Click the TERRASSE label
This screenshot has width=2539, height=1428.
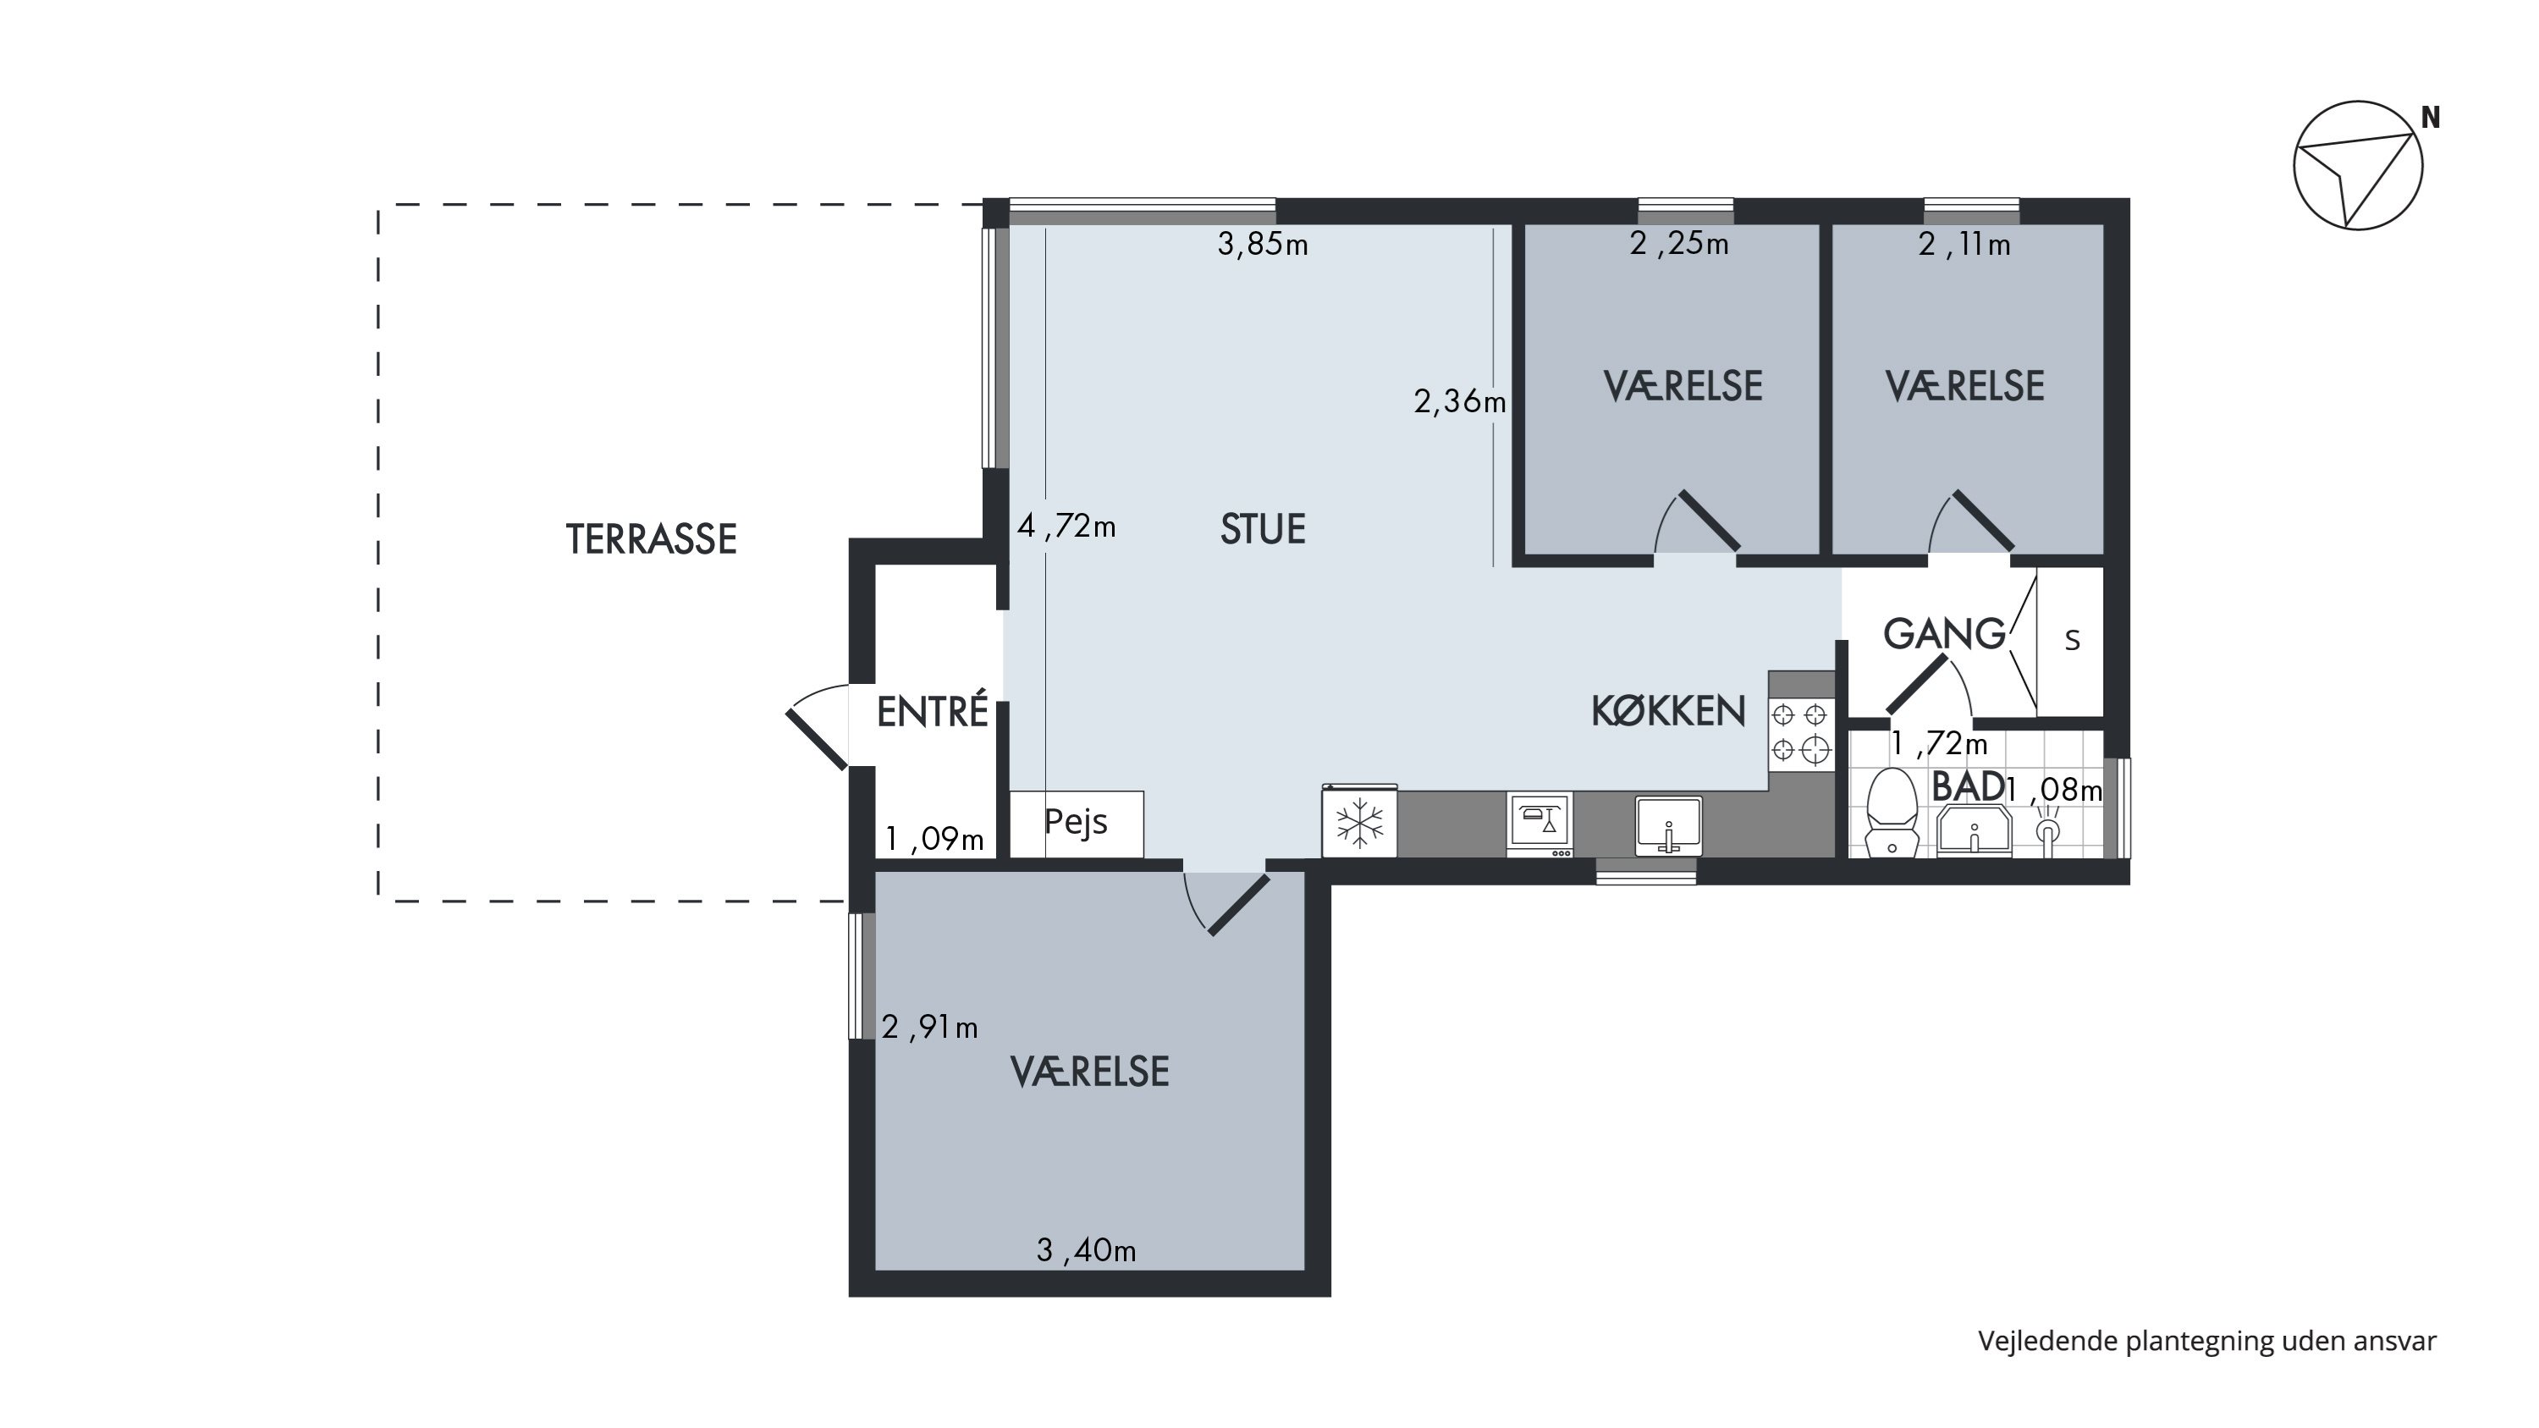[652, 539]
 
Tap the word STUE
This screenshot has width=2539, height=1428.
[1263, 529]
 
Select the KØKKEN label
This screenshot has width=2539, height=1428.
[1667, 710]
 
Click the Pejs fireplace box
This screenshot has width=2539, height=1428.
[1077, 824]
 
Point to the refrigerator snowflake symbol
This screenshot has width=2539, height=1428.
[1359, 823]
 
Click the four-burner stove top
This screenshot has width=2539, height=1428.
[1801, 734]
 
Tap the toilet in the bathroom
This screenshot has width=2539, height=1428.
[1892, 813]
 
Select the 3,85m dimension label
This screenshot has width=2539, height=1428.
[1263, 244]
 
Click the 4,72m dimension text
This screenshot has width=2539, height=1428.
[1066, 527]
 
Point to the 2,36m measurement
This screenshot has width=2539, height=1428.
[1460, 401]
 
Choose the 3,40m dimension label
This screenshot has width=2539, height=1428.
[1086, 1250]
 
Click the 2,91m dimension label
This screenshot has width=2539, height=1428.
[929, 1028]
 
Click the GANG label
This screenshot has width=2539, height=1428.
[1945, 634]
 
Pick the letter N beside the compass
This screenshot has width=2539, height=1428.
[2431, 119]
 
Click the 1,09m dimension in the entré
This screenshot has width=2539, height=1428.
[934, 839]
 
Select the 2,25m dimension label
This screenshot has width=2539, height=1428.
[1679, 244]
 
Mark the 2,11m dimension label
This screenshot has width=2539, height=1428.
[1964, 244]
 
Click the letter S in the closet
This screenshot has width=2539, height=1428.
[2072, 641]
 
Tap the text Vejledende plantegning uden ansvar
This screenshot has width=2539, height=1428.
[2207, 1342]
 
